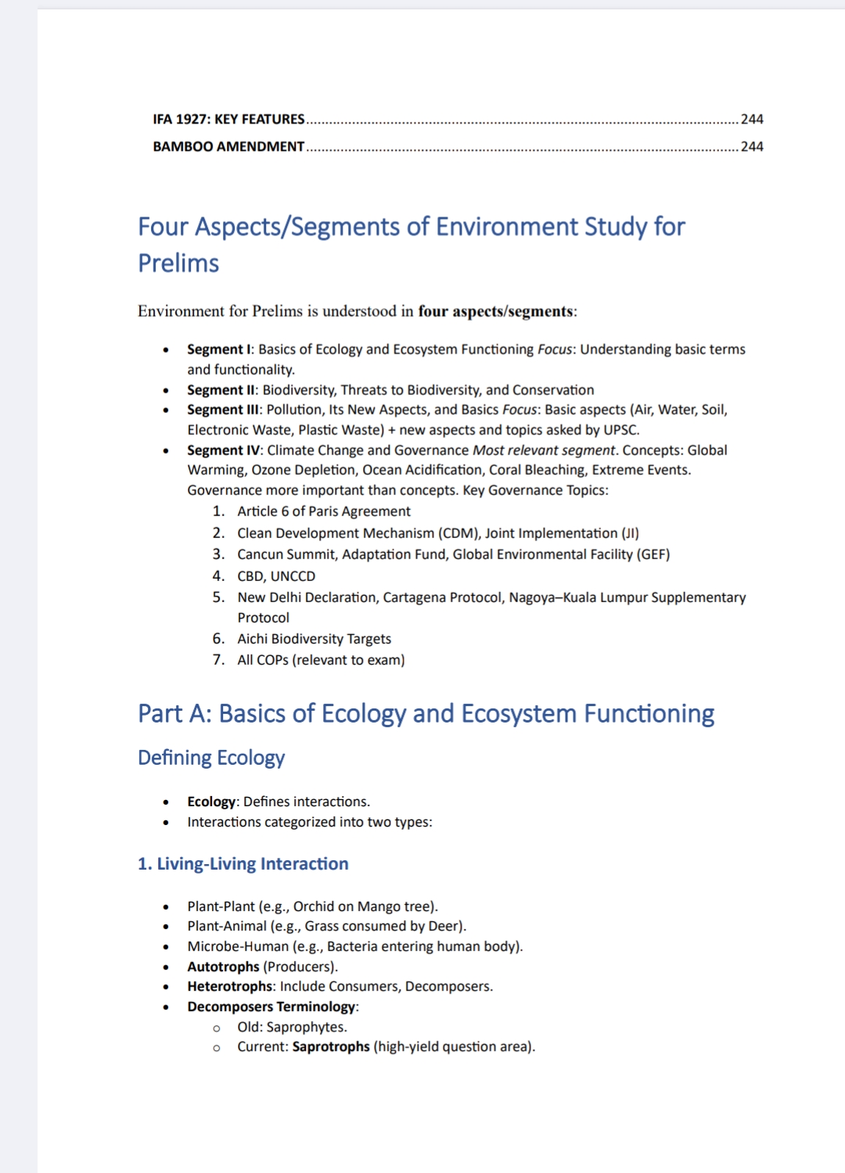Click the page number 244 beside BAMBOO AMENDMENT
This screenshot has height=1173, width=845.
752,146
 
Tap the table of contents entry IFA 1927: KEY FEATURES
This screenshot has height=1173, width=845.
228,119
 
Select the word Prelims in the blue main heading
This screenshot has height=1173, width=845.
178,264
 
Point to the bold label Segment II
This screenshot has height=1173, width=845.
221,389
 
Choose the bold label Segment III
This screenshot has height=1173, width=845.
223,409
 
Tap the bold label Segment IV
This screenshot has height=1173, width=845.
224,450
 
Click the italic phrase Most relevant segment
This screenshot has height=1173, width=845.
545,450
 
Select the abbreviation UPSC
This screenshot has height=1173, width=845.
620,429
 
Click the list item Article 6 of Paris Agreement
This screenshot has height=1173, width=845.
324,511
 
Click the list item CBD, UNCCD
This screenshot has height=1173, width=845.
276,576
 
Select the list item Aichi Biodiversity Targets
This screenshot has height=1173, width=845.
314,638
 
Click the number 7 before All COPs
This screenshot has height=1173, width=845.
218,659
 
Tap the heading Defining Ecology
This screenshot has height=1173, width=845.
211,757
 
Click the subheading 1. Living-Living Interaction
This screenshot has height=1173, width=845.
243,863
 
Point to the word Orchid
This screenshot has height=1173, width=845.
313,906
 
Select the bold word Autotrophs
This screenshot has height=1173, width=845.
223,967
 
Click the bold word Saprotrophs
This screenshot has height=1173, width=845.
330,1046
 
